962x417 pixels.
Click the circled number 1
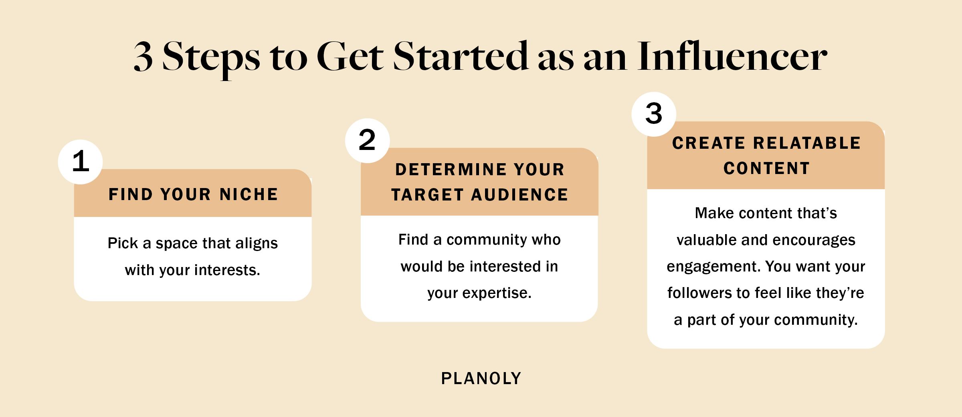(81, 162)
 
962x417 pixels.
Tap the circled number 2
(367, 140)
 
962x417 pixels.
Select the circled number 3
(654, 114)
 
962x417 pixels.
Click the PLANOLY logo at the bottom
(481, 379)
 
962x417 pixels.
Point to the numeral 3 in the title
(143, 57)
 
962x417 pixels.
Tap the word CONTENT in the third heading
(766, 168)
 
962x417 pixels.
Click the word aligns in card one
(257, 243)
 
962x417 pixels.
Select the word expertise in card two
(497, 293)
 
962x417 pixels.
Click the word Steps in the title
(211, 57)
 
